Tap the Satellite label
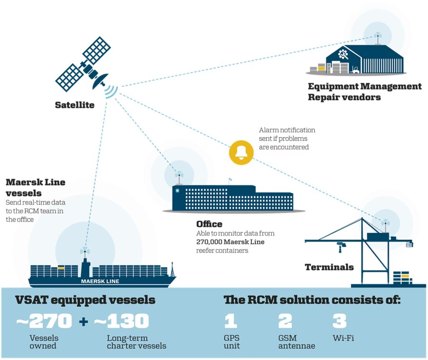75,105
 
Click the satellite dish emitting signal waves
102,82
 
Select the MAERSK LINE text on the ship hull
100,281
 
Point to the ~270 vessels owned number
44,322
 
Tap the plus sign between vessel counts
83,322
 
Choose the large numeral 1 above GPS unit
230,322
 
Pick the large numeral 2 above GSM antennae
285,322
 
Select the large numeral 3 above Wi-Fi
339,322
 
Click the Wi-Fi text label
343,338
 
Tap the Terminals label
329,267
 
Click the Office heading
209,224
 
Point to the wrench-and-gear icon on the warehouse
343,54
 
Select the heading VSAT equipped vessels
85,300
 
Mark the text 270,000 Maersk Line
230,242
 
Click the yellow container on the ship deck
61,267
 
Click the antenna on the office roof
179,178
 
